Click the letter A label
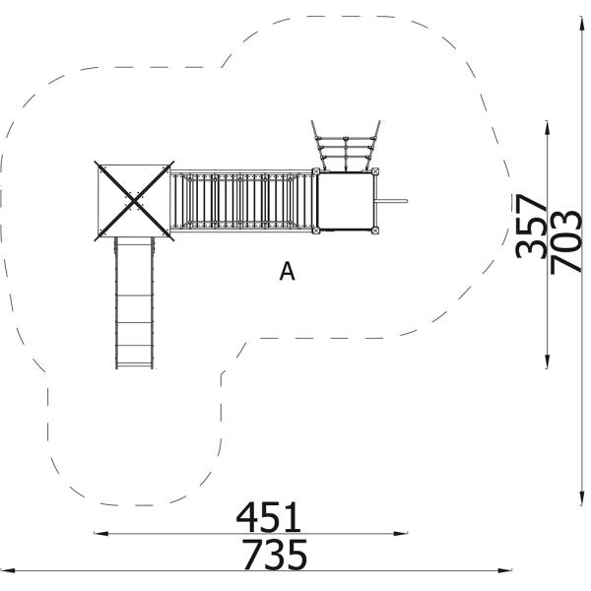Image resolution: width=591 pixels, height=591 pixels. (x=287, y=271)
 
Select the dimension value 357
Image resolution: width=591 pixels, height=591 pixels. (x=532, y=226)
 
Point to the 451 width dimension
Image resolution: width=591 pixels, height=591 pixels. (x=268, y=517)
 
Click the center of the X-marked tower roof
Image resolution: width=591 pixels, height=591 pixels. (x=133, y=202)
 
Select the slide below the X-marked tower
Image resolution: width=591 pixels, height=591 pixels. (x=135, y=300)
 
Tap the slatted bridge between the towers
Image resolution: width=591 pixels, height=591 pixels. (x=241, y=201)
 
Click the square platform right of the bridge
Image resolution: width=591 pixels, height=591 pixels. (x=348, y=201)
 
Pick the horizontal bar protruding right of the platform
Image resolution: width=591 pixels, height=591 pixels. (x=393, y=202)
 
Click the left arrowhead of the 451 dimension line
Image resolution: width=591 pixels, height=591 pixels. (x=97, y=534)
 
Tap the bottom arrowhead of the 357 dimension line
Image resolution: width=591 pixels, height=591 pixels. (x=548, y=365)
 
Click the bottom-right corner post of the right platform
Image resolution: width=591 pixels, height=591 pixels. (x=376, y=231)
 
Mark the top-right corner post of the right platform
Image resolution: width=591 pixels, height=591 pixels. (x=376, y=171)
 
